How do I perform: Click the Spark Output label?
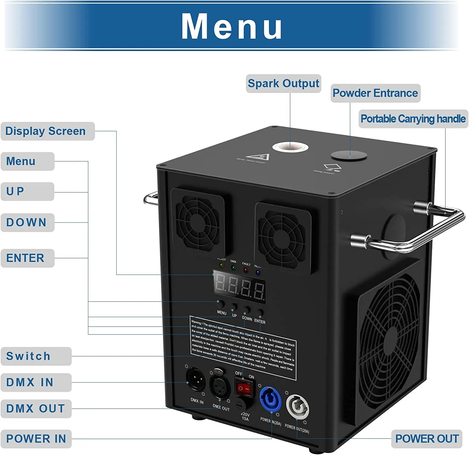tap(283, 84)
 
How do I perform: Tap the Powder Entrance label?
tap(375, 93)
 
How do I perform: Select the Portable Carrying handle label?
tap(413, 119)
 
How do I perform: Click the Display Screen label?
tap(46, 131)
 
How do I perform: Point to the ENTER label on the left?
tap(25, 258)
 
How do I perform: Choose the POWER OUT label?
tap(427, 439)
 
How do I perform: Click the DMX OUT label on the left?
tap(35, 409)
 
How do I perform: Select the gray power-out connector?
tap(298, 407)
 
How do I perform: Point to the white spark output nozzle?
tap(290, 146)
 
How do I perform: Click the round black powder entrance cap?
tap(349, 156)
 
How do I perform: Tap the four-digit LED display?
tap(240, 286)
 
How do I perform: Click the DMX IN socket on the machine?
tap(195, 379)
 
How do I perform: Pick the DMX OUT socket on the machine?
tap(219, 386)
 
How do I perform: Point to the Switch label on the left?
tap(28, 356)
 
